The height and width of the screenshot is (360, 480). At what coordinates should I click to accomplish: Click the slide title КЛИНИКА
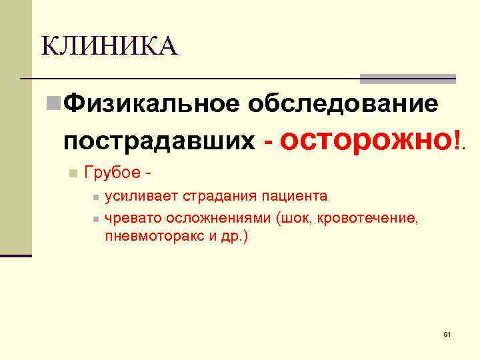[x=109, y=47]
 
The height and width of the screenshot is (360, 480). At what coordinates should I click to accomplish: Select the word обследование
[x=343, y=104]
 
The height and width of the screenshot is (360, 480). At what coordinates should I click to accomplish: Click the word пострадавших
[x=159, y=141]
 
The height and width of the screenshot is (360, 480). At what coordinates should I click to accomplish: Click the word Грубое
[x=111, y=173]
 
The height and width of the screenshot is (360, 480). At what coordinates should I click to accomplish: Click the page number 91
[x=447, y=333]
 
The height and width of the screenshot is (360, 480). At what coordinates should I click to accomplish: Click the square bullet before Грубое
[x=73, y=173]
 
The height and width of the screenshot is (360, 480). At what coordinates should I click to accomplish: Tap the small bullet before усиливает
[x=96, y=197]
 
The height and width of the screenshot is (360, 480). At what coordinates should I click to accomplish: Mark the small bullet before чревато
[x=96, y=219]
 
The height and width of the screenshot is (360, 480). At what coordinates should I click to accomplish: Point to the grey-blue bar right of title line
[x=407, y=78]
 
